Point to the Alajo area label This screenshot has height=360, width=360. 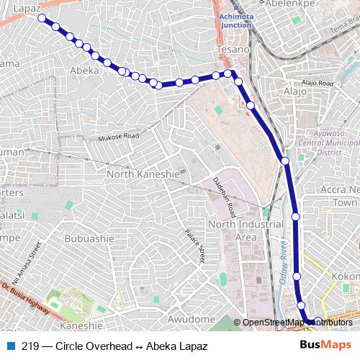294,91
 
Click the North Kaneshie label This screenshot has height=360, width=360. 143,174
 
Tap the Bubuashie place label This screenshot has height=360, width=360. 89,238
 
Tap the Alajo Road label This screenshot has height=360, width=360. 318,84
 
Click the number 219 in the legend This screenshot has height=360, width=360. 30,346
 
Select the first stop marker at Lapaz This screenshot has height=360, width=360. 42,18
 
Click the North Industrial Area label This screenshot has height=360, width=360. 232,231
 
